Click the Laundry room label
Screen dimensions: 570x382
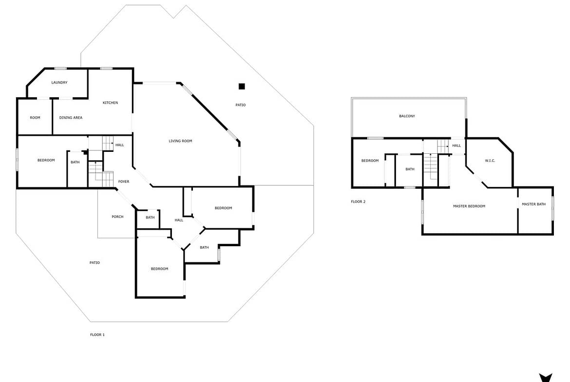click(x=59, y=82)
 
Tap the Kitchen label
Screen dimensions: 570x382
click(x=110, y=103)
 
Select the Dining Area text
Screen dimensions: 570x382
click(x=71, y=118)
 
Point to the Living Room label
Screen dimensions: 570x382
click(x=180, y=141)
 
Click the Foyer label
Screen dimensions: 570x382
click(x=124, y=182)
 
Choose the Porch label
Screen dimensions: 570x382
click(x=117, y=217)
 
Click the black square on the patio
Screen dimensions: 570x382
click(x=242, y=87)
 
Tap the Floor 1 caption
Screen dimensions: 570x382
click(x=97, y=335)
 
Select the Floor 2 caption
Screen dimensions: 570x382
click(x=358, y=201)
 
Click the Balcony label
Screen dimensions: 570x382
click(x=407, y=116)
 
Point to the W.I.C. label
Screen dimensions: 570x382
click(x=490, y=161)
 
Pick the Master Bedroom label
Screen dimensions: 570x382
click(x=469, y=206)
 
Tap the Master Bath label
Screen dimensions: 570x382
click(x=533, y=204)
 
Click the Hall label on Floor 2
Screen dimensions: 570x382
click(x=456, y=146)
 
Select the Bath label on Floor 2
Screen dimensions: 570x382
click(x=410, y=169)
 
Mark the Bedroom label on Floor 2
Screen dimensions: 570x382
click(x=370, y=161)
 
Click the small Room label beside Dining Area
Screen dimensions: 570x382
click(x=35, y=118)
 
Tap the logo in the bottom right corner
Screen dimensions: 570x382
click(x=545, y=378)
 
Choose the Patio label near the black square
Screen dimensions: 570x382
click(x=241, y=105)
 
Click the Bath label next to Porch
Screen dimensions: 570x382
click(x=150, y=218)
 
